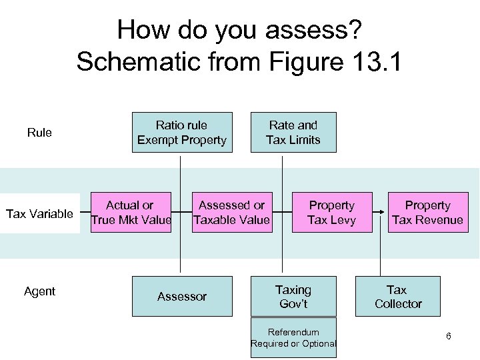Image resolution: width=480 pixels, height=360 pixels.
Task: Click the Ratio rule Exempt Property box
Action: click(x=182, y=132)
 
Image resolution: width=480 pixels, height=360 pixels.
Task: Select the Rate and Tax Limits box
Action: click(x=293, y=132)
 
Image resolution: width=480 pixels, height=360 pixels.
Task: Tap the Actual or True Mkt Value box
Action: click(x=131, y=213)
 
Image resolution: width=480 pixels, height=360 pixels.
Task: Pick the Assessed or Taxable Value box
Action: click(x=232, y=213)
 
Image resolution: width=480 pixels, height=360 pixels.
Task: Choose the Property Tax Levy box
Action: click(x=331, y=213)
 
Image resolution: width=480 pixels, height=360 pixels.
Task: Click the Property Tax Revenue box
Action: click(x=427, y=213)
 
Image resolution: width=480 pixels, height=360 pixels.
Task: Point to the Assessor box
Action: click(x=182, y=296)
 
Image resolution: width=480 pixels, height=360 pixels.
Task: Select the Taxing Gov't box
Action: click(x=293, y=296)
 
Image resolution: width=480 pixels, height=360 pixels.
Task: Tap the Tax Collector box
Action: click(x=398, y=296)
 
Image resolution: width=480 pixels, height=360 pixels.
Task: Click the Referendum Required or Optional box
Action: click(x=293, y=338)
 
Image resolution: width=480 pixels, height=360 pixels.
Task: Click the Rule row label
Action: click(x=39, y=133)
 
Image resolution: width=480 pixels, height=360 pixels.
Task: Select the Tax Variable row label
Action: click(x=39, y=214)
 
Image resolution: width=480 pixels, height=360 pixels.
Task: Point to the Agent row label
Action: click(x=39, y=291)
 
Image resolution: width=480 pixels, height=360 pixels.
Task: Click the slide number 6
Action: click(x=449, y=336)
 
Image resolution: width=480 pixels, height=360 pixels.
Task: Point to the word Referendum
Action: click(x=293, y=332)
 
